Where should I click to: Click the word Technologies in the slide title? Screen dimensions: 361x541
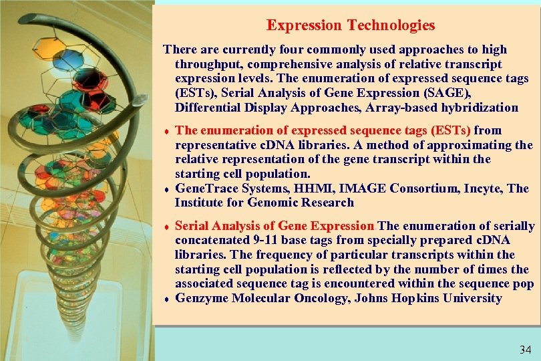391,25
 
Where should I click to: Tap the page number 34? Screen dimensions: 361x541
526,349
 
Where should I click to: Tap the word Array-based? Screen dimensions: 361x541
391,108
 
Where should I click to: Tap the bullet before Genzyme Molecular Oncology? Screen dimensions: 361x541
166,299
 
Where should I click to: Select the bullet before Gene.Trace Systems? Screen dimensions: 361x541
166,189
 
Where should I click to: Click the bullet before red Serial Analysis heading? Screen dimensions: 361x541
166,227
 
